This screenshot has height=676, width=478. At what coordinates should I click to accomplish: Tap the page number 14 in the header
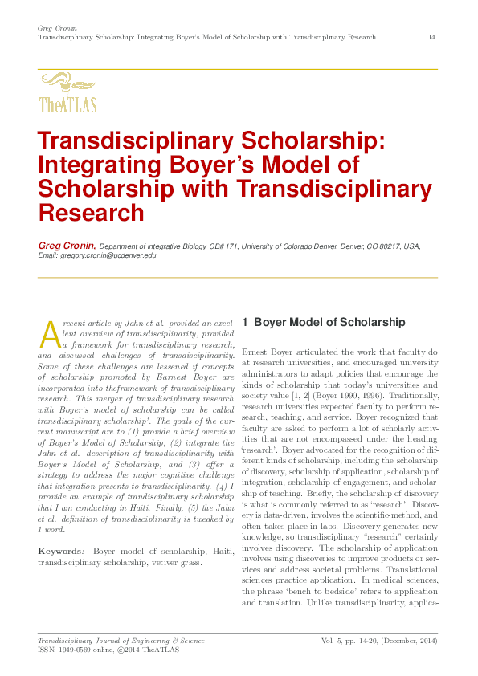432,38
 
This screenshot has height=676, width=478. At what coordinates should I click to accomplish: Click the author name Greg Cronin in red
67,246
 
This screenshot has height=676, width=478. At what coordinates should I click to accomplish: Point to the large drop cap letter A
49,333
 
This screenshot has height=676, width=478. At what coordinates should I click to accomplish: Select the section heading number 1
246,322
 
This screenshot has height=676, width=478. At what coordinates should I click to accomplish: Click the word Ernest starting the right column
256,352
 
